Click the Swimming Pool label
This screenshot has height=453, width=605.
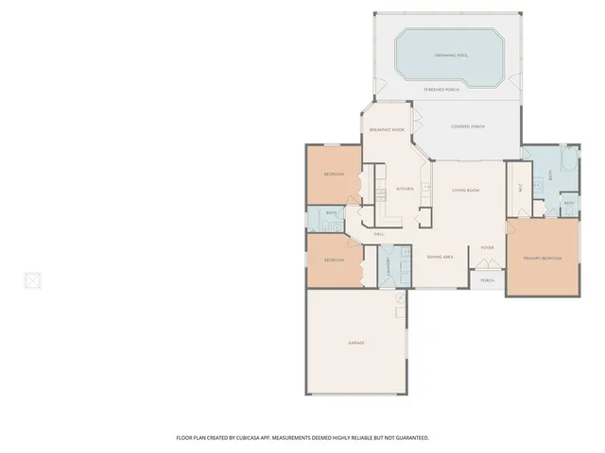click(452, 56)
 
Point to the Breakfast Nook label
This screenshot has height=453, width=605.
click(387, 129)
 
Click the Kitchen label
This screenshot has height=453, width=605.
click(405, 189)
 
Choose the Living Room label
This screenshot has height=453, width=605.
click(465, 191)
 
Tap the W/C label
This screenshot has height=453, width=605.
click(519, 187)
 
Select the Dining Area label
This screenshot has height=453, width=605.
click(441, 257)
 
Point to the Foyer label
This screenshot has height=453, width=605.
click(487, 248)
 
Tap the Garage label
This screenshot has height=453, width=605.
click(355, 343)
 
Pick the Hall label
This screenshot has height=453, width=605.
click(378, 233)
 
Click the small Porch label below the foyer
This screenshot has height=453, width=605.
click(487, 280)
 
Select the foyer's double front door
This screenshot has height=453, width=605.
click(487, 267)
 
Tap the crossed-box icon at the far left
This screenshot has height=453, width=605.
click(32, 280)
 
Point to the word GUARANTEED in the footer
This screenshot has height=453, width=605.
click(409, 438)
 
